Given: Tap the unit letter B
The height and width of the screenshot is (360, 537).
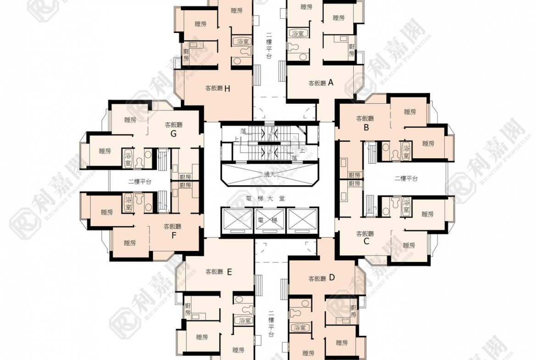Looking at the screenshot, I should (366, 128).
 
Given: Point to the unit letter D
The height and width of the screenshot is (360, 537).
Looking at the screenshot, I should (332, 277).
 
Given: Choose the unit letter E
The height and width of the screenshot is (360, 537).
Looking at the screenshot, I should (229, 271).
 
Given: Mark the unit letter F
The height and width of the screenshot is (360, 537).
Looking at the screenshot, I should (173, 236).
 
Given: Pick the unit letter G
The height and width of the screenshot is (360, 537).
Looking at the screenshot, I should (173, 134).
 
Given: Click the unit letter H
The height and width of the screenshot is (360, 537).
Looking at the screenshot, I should (227, 89).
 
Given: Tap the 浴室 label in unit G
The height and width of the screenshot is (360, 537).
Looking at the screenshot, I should (128, 156).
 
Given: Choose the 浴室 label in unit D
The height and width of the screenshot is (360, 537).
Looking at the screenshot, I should (300, 327).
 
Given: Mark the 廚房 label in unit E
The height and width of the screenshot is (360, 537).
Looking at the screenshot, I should (187, 309).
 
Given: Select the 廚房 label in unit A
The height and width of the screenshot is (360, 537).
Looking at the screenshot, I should (352, 50).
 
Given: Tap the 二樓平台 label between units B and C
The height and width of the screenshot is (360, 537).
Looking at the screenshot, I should (406, 178).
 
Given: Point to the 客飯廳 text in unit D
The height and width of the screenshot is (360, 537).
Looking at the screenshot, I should (317, 278).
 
